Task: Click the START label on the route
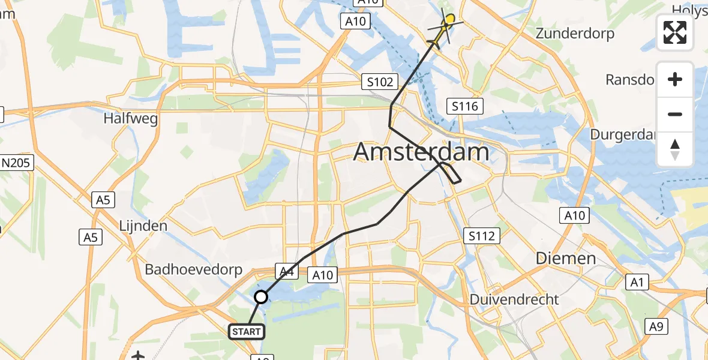pos(246,331)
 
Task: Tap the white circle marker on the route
pos(261,296)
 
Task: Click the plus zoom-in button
pos(675,79)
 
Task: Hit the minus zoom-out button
pos(675,114)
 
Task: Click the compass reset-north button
pos(675,149)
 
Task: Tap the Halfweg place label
pos(131,118)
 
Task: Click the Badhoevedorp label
pos(193,269)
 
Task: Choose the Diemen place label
pos(566,259)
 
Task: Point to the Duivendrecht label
pos(514,299)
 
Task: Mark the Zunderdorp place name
pos(575,33)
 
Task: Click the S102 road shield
pos(380,82)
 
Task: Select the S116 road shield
pos(466,107)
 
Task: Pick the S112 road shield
pos(482,236)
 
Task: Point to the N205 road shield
pos(18,162)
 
